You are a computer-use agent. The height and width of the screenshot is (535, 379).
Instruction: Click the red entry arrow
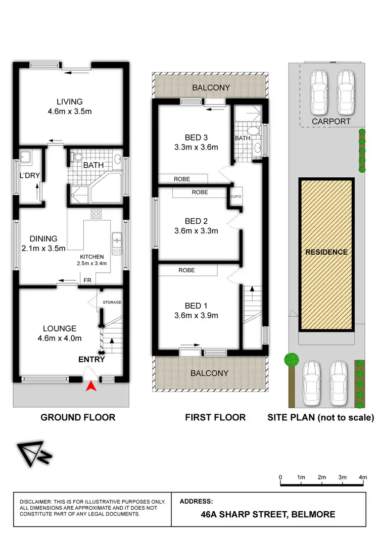click(x=91, y=386)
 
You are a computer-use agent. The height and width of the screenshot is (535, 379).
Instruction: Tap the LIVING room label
click(x=70, y=102)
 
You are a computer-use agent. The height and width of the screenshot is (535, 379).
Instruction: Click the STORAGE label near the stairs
click(x=112, y=302)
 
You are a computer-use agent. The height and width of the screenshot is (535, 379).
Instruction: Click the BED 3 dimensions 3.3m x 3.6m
click(x=195, y=148)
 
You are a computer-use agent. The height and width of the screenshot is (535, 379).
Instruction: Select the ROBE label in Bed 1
click(x=186, y=270)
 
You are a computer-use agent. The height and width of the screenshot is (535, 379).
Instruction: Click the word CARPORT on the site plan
click(x=331, y=121)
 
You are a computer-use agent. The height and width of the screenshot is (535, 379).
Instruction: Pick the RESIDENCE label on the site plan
click(x=326, y=252)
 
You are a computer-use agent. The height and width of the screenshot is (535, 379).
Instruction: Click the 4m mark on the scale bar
click(x=362, y=477)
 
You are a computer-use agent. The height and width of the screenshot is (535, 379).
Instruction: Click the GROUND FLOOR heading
click(x=78, y=417)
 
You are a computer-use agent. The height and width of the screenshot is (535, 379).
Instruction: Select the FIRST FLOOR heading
click(x=215, y=417)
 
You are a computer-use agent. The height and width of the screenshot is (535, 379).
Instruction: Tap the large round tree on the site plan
click(x=291, y=360)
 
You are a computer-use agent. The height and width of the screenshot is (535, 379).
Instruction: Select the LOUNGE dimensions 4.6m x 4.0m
click(x=60, y=338)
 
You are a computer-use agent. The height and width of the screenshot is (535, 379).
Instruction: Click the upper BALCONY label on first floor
click(x=211, y=87)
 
